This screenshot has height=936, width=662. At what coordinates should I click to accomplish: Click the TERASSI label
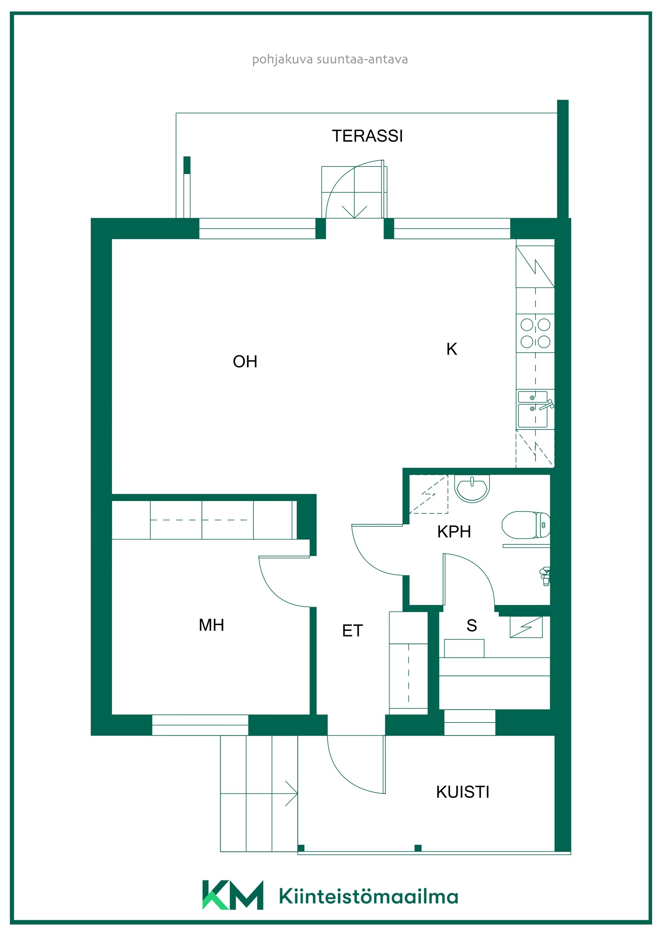[x=367, y=136]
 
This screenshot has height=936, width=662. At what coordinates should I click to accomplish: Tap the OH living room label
[x=245, y=362]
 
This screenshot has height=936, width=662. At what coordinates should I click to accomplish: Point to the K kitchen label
[x=452, y=349]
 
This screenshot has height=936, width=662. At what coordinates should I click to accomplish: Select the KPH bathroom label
[x=454, y=532]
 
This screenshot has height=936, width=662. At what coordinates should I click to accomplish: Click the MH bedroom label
[x=211, y=625]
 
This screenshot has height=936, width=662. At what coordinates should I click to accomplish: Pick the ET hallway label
[x=352, y=631]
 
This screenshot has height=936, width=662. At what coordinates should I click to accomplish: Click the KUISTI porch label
[x=463, y=792]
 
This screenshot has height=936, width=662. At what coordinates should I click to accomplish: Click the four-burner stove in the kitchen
[x=535, y=333]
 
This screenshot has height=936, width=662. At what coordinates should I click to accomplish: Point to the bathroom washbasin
[x=472, y=488]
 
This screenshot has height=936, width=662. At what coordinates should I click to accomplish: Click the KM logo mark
[x=233, y=895]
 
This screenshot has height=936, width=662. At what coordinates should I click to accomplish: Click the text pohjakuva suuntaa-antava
[x=330, y=60]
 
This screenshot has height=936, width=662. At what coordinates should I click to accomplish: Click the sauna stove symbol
[x=526, y=627]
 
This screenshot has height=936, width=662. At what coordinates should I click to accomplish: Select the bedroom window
[x=200, y=725]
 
